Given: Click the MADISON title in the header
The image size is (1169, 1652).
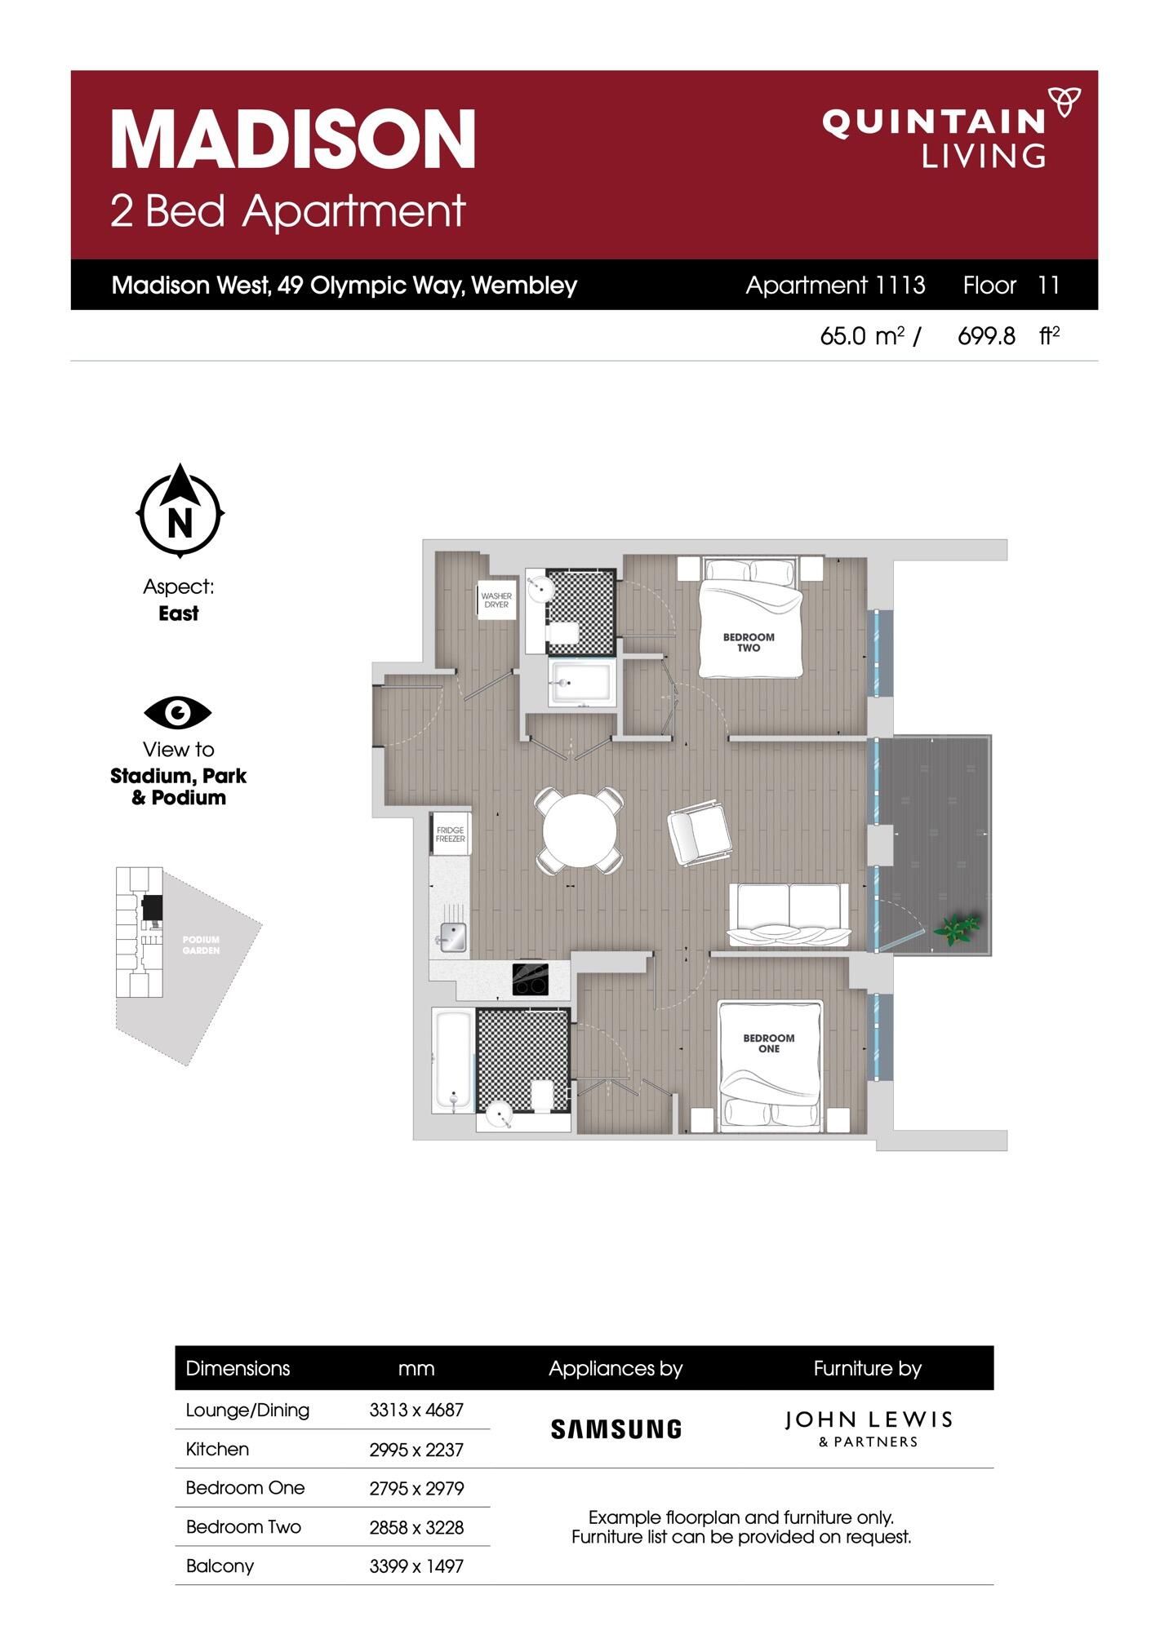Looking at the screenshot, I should [292, 139].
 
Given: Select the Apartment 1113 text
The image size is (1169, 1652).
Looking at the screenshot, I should [834, 286].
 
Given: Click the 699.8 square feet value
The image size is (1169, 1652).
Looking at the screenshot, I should [986, 336].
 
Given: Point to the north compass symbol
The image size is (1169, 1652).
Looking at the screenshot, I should [180, 512].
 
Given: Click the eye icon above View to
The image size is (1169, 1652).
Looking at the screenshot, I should [178, 713].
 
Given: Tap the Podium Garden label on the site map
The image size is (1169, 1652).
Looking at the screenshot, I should [201, 945].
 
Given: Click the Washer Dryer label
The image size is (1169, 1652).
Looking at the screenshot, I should [496, 600].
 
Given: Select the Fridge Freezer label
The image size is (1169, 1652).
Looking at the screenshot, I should [450, 834].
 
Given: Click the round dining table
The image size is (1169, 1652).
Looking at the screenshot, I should [580, 830].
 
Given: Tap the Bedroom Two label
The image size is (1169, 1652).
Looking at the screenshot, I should [749, 642].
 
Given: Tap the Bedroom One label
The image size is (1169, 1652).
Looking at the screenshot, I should [768, 1043].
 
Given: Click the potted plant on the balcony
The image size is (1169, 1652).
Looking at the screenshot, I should [957, 928].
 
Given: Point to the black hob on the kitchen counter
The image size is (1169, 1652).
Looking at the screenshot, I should [530, 979].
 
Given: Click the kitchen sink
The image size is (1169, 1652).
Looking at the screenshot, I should [451, 937].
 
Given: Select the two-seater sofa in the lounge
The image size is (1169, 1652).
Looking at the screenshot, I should [789, 914].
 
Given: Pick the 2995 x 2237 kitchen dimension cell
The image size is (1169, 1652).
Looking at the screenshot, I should [416, 1450].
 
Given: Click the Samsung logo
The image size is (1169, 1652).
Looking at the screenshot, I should [616, 1429].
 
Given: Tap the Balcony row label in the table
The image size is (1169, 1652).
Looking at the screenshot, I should [220, 1566].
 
